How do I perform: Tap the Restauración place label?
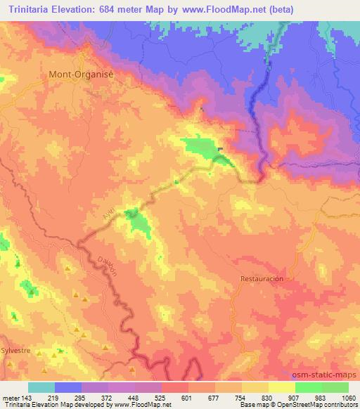pyautogui.click(x=262, y=278)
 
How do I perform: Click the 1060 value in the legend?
pyautogui.click(x=347, y=397)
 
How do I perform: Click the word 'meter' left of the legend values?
pyautogui.click(x=10, y=397)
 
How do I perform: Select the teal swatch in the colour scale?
pyautogui.click(x=41, y=387)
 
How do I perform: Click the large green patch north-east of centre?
pyautogui.click(x=201, y=148)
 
